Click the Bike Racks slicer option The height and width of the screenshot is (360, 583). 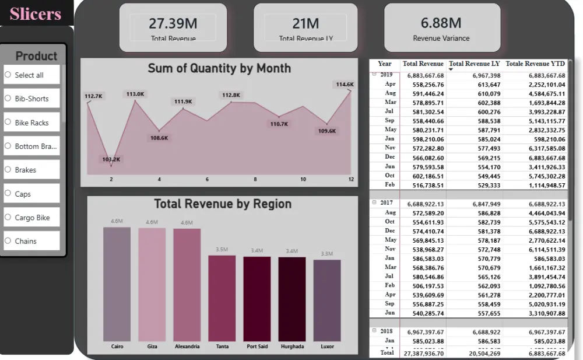tap(31, 123)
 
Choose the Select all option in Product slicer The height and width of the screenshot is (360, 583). tap(29, 75)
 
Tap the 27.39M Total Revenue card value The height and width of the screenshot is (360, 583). tap(173, 23)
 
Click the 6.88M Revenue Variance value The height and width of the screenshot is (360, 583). tap(441, 23)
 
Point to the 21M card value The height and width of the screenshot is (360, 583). tap(305, 23)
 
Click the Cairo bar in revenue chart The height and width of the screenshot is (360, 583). tap(117, 284)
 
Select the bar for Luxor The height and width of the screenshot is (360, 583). tap(327, 300)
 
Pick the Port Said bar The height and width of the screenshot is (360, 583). tap(257, 299)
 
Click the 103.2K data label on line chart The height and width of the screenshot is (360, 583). tap(111, 159)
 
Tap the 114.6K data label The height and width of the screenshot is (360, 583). tap(345, 85)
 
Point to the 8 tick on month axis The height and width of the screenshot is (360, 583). tap(255, 180)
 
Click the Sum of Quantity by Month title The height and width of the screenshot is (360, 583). tap(219, 68)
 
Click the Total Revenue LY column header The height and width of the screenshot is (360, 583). tap(474, 64)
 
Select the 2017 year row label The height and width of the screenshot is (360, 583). tap(387, 203)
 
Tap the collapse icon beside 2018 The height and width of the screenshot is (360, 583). tap(374, 331)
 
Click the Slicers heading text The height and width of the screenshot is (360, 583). tap(36, 13)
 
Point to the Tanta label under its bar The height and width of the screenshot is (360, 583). tap(222, 347)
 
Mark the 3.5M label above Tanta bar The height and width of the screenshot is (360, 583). tap(222, 249)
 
